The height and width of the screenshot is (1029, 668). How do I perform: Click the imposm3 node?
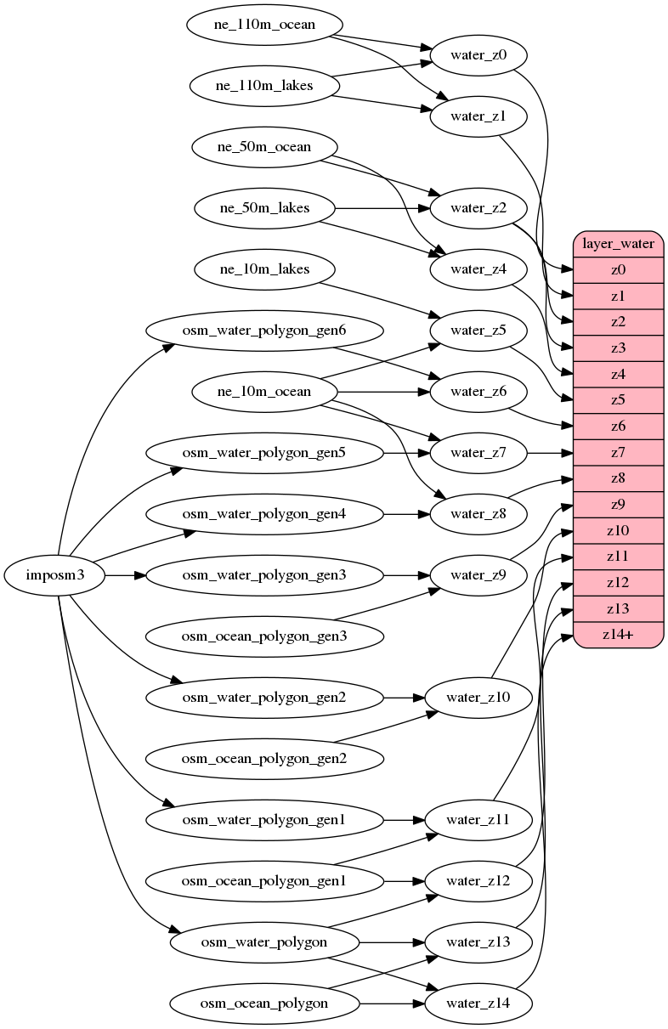point(55,575)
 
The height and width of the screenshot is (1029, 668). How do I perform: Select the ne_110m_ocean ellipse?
point(264,24)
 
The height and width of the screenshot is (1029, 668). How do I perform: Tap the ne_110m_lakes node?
point(264,85)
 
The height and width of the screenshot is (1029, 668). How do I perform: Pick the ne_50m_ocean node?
point(264,146)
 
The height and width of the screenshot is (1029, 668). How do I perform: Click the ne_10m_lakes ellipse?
point(264,269)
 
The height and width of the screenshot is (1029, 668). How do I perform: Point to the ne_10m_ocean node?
point(264,392)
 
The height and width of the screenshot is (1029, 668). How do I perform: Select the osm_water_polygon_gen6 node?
point(263,330)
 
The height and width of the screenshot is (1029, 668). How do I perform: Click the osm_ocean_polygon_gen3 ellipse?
point(263,636)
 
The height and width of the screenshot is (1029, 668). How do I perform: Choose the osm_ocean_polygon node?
point(263,1004)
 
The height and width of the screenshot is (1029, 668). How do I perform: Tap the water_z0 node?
point(478,55)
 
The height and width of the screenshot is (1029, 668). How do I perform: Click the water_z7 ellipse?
point(478,453)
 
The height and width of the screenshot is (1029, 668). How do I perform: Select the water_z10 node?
point(478,698)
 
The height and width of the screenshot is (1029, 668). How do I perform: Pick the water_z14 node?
point(478,1004)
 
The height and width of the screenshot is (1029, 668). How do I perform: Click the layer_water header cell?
point(618,244)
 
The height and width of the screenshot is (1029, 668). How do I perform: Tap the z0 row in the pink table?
point(618,270)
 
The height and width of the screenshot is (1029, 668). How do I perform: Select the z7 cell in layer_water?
point(618,452)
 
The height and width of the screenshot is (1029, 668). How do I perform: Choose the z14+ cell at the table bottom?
point(618,634)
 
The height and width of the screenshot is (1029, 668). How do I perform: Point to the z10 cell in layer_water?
point(618,530)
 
